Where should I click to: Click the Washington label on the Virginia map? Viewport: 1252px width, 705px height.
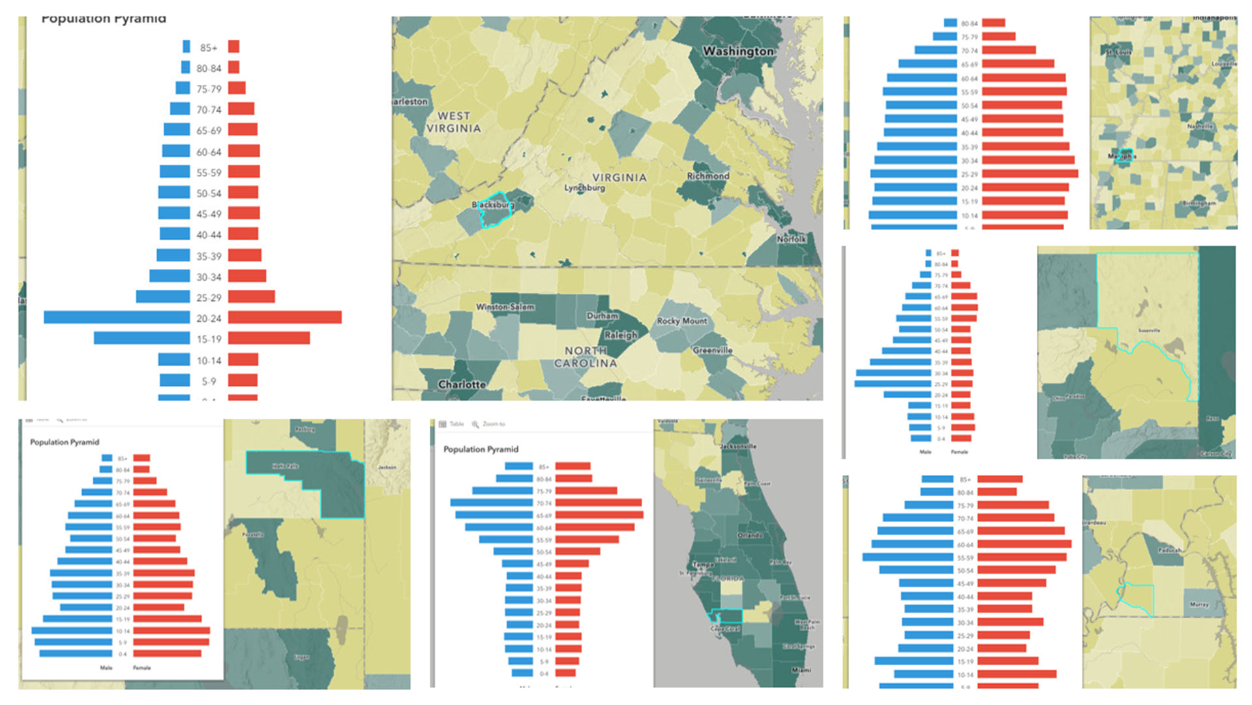738,51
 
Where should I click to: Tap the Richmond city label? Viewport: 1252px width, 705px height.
708,176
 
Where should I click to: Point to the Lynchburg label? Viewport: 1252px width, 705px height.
584,188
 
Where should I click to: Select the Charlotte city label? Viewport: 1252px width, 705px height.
462,384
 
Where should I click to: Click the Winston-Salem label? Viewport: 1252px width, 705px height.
505,307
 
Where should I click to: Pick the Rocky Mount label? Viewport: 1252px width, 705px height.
681,321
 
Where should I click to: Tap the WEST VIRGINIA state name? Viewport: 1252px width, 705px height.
453,122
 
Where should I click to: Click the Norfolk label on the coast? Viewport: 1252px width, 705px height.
791,239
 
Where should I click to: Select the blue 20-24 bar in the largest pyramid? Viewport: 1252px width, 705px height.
117,318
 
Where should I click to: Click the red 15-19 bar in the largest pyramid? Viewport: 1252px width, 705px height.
269,339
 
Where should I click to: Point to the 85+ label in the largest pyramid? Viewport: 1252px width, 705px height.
209,48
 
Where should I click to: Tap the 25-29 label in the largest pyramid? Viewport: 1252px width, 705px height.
209,298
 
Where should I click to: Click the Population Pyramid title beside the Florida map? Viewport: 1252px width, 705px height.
481,449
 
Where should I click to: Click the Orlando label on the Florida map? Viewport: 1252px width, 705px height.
750,535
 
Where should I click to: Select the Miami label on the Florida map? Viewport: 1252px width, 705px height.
801,670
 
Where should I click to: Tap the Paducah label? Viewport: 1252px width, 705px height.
1170,550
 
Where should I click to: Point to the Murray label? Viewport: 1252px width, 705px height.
1199,604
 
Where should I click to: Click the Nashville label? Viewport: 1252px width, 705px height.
1200,126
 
